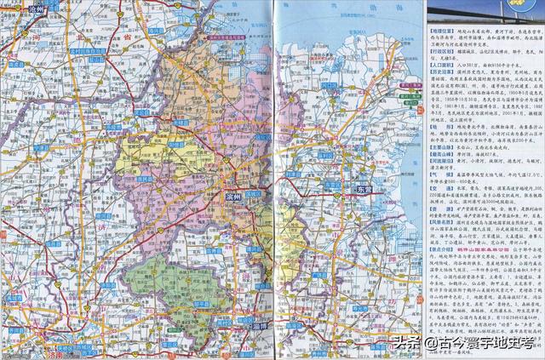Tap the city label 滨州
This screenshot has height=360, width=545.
tap(227, 196)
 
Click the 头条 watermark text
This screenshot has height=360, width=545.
tap(407, 343)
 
